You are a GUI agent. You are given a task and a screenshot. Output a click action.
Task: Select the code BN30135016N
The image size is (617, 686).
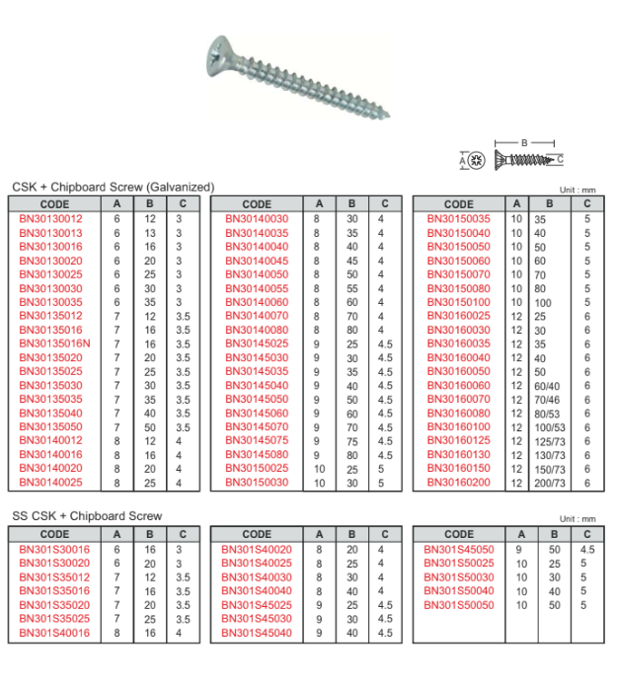coord(56,343)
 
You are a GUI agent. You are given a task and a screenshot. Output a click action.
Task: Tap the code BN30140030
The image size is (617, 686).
coord(257,219)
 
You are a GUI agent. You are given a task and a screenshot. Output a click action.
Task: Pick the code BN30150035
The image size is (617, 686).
coord(458,219)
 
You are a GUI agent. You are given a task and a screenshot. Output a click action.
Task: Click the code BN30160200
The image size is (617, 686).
coord(458,483)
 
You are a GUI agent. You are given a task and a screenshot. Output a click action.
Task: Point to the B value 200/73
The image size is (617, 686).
coord(550,483)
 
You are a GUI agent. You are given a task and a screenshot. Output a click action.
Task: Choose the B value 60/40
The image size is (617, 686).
coord(547,386)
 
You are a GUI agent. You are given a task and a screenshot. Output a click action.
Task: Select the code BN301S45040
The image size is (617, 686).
coord(257,633)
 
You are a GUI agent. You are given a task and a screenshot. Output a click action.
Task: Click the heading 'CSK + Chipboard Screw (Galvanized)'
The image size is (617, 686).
coord(113,187)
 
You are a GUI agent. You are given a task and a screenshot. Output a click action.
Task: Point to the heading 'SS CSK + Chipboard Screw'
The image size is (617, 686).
coord(87,516)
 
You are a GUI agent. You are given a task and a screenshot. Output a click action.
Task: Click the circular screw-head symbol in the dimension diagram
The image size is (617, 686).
coord(477,159)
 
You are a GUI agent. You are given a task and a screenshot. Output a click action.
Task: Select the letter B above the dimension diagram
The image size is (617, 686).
coord(524,142)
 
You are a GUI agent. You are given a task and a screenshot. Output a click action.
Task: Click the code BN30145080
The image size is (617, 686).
coord(257,455)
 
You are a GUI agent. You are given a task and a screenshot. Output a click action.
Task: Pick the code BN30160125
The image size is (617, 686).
coord(458,441)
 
